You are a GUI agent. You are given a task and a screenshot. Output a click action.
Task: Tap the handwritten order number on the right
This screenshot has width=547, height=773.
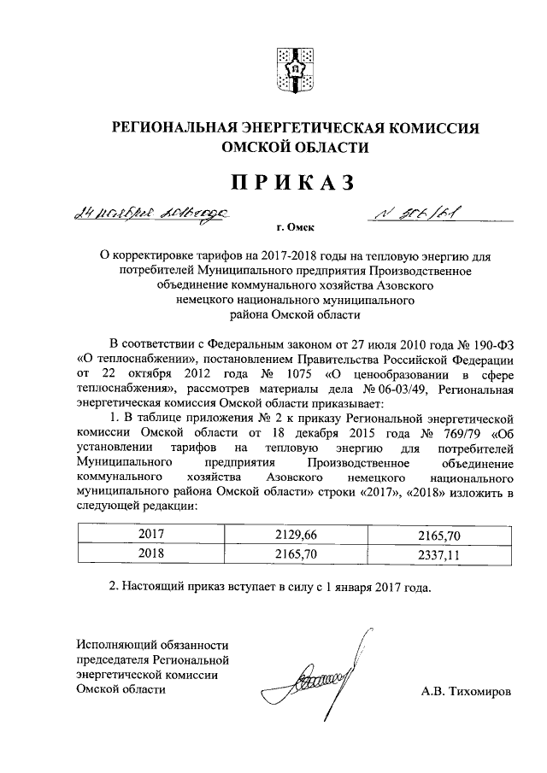click(x=418, y=213)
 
